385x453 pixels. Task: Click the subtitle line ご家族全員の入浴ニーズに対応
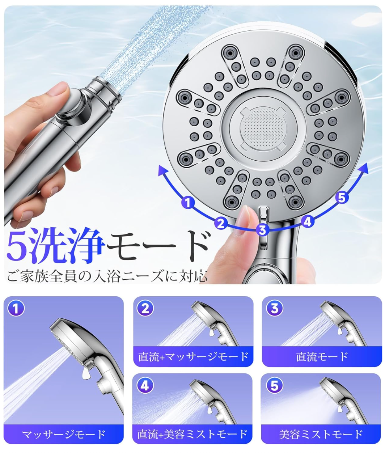107,276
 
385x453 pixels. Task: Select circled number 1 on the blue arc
187,203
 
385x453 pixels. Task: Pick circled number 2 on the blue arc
220,223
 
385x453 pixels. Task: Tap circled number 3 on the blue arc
262,230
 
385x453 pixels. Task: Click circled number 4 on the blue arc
308,222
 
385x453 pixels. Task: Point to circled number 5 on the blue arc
342,198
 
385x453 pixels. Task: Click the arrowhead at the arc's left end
162,171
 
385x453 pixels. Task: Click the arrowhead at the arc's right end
364,168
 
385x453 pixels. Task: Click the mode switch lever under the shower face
264,228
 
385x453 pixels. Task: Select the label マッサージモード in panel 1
64,434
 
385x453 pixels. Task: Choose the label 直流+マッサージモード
193,356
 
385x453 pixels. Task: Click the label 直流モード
322,356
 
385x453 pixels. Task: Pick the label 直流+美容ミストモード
192,434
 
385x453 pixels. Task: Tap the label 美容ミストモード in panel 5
321,434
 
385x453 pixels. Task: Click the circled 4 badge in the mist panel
145,385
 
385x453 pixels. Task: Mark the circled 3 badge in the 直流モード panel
274,308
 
